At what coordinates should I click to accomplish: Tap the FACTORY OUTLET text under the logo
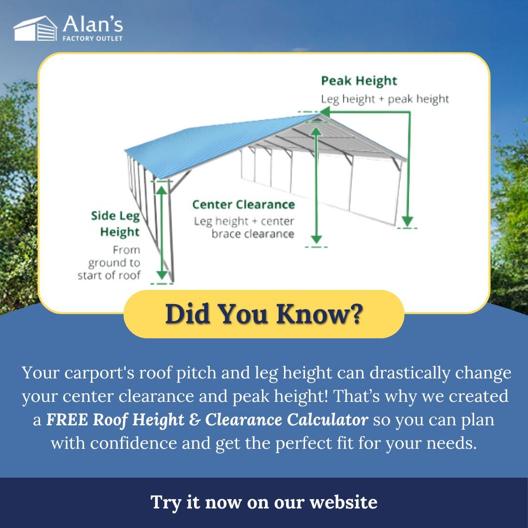coord(92,38)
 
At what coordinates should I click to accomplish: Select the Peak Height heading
coord(359,81)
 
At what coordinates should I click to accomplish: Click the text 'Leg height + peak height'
coord(385,99)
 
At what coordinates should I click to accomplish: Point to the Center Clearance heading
coord(243,204)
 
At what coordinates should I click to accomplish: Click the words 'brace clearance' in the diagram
coord(253,234)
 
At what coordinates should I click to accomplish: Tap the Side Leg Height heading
coord(115,223)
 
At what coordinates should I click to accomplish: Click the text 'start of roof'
coord(109,275)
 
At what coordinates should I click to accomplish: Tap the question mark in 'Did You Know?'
coord(355,314)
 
